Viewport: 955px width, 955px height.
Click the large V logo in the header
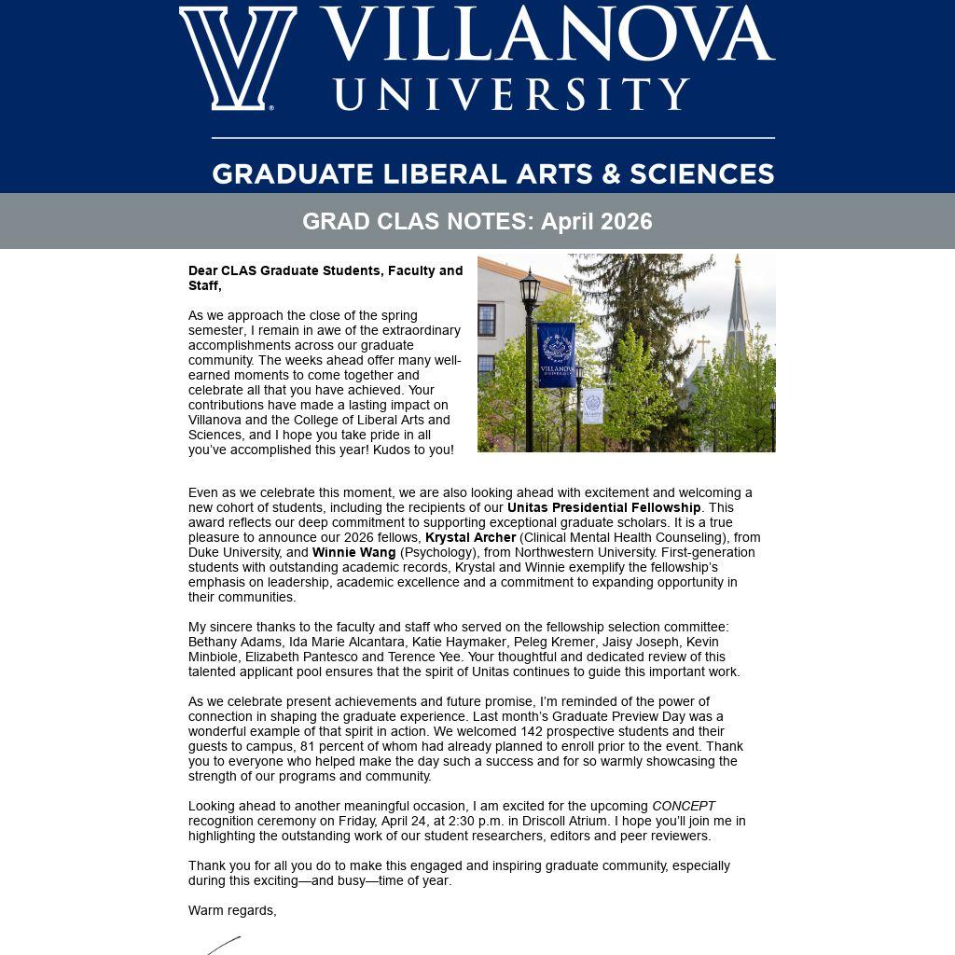[238, 58]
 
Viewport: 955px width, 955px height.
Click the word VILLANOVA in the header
[547, 35]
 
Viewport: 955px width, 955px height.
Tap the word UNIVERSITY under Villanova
[511, 94]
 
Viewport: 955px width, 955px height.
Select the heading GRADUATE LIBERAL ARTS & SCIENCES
[492, 174]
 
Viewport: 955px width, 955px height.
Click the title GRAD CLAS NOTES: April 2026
[477, 222]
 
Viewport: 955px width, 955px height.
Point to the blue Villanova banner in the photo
[556, 354]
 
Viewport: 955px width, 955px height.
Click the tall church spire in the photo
[738, 308]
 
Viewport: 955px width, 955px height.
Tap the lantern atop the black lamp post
[530, 292]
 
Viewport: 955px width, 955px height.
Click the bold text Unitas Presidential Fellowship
[603, 507]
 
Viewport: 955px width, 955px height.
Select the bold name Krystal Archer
[470, 537]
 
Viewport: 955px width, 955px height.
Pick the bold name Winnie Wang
[353, 552]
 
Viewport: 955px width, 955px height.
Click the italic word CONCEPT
[684, 806]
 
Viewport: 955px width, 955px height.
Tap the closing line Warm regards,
[232, 910]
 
